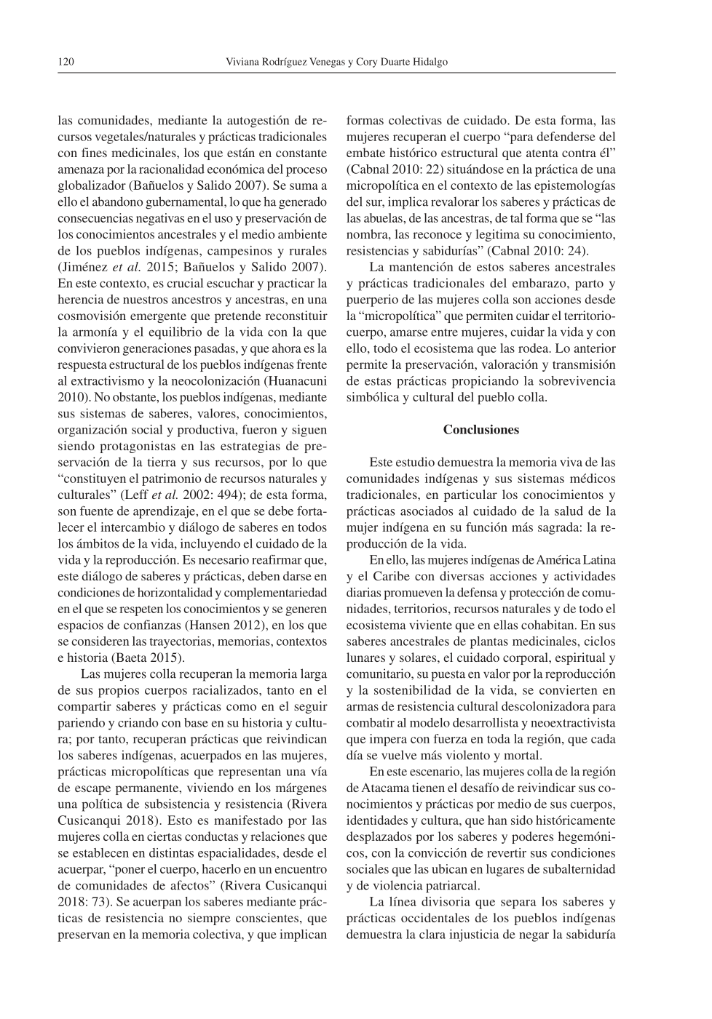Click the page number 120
click(x=66, y=62)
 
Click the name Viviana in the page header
click(x=246, y=62)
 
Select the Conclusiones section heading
click(x=480, y=430)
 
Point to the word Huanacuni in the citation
click(x=296, y=381)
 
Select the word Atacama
click(x=384, y=788)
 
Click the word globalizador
click(x=90, y=185)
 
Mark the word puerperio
click(x=372, y=300)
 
